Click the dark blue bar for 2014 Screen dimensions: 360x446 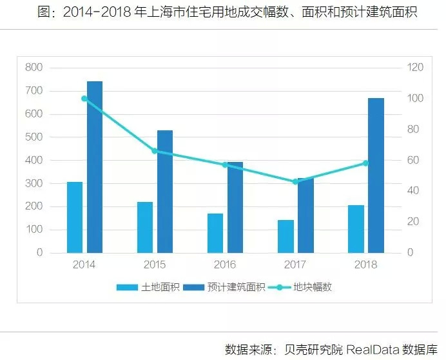(x=95, y=167)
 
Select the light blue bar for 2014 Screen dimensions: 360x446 (x=75, y=217)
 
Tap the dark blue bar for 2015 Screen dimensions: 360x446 (x=165, y=192)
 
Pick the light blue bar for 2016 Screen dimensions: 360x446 (x=215, y=233)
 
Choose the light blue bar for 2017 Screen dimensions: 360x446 (x=286, y=236)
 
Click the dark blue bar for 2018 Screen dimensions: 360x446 (x=376, y=175)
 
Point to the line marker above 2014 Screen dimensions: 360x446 (x=84, y=99)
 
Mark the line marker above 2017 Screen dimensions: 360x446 (x=295, y=182)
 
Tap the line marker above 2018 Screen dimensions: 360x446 (x=365, y=163)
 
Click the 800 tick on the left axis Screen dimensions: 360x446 (x=34, y=68)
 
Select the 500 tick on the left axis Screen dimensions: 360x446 (x=34, y=137)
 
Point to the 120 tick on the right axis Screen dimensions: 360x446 (x=414, y=68)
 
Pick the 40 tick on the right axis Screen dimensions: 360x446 (x=412, y=191)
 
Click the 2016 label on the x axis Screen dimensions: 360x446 (x=225, y=265)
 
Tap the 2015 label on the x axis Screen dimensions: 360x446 (x=155, y=265)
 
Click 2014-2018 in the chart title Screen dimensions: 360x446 (x=99, y=13)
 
